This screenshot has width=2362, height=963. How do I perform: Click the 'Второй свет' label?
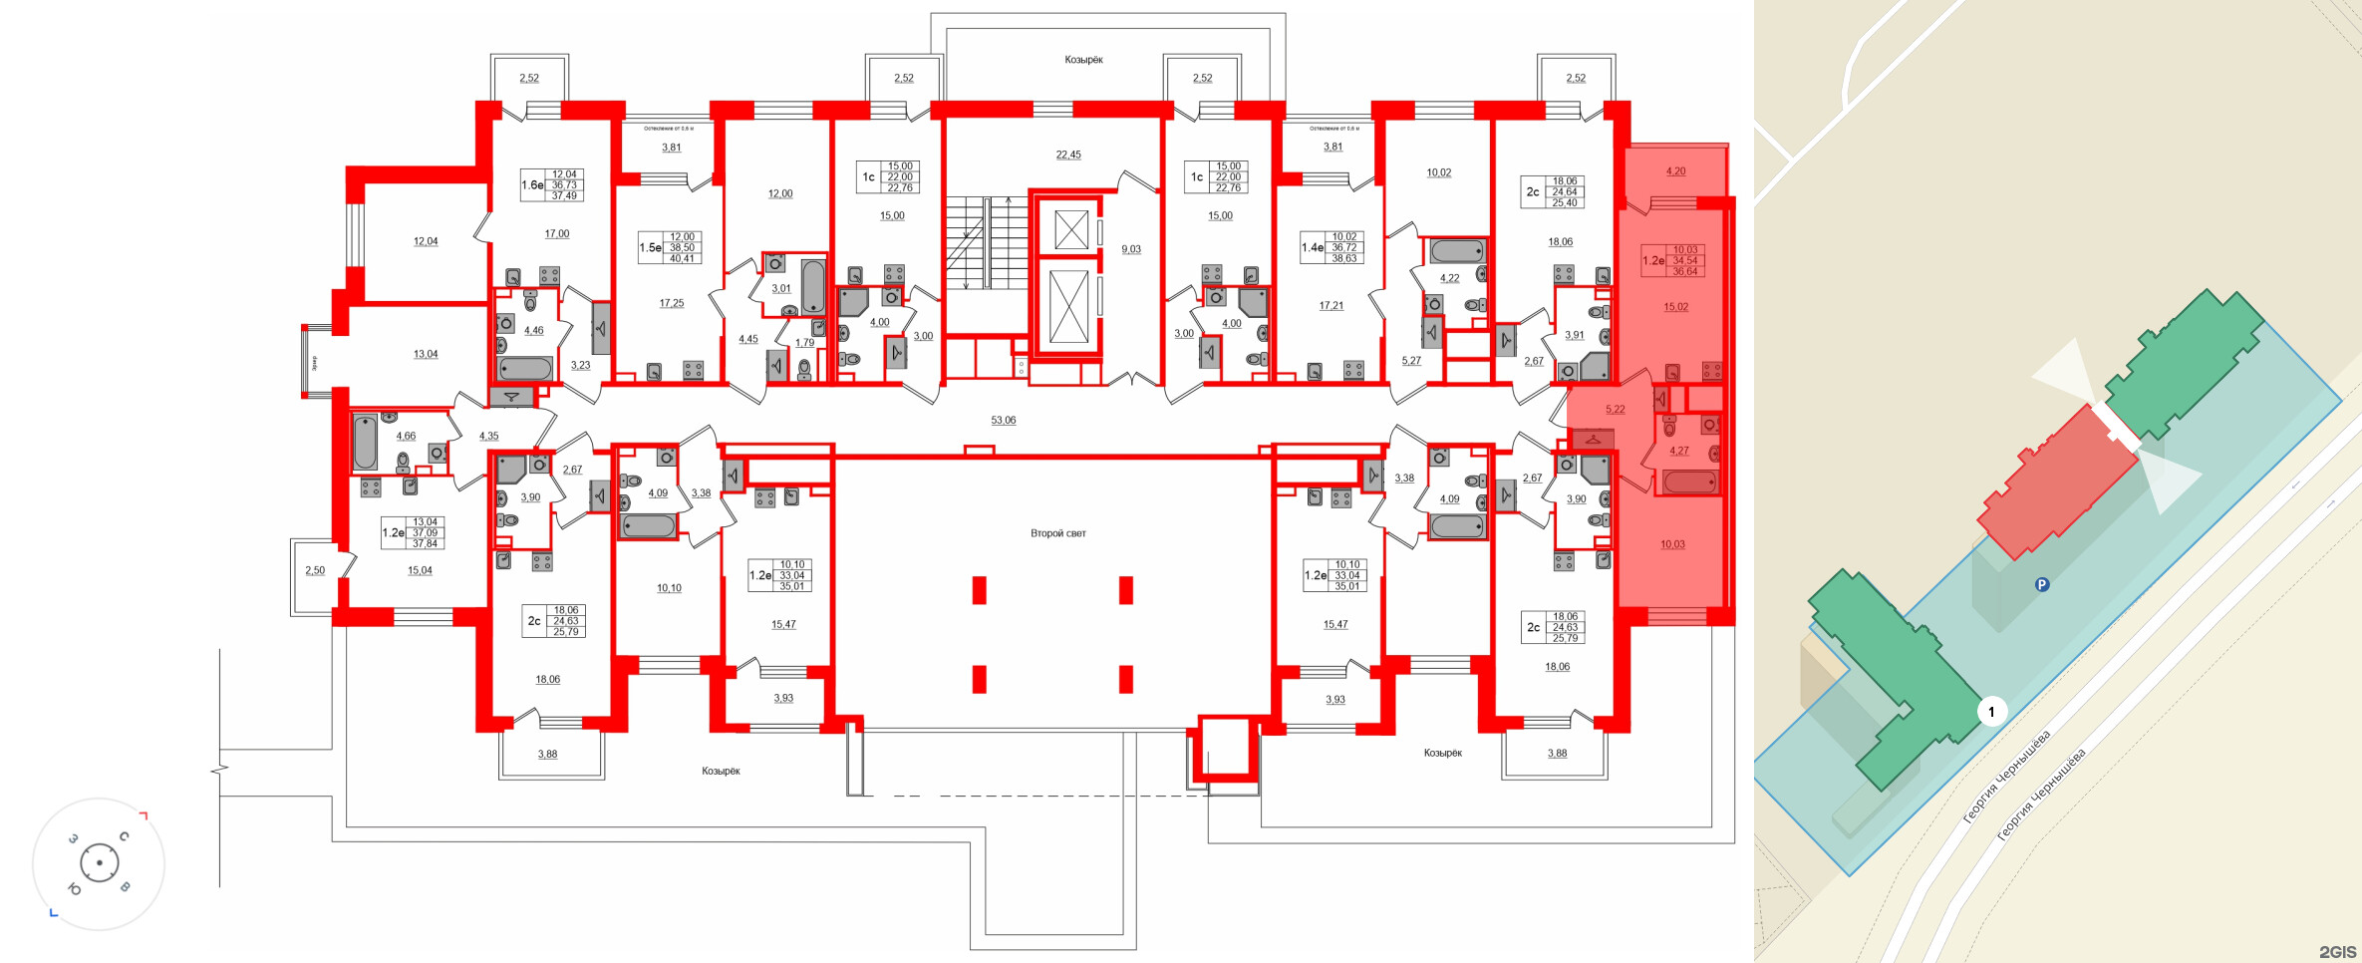(x=1057, y=533)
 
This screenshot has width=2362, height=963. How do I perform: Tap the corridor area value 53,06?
(x=1003, y=420)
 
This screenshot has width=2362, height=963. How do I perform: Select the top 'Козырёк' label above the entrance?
(x=1083, y=60)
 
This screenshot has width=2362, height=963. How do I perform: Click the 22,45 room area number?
(x=1068, y=155)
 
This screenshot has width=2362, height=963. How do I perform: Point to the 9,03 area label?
(x=1131, y=249)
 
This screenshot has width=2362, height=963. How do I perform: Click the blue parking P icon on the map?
(x=2042, y=585)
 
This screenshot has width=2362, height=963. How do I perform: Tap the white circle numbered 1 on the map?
(x=1991, y=712)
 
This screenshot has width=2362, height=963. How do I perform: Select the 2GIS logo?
(x=2337, y=952)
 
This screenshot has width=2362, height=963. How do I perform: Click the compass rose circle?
(x=99, y=863)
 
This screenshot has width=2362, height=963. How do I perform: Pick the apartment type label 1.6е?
(x=532, y=184)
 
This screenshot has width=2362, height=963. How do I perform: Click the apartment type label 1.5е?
(x=650, y=247)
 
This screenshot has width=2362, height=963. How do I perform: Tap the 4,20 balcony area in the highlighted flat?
(x=1675, y=171)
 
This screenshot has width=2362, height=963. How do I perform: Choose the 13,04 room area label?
(x=426, y=354)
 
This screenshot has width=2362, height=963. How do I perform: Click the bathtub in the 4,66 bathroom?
(x=365, y=442)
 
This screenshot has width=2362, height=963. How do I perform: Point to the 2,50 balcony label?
(x=315, y=570)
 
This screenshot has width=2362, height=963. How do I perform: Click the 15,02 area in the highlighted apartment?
(x=1675, y=307)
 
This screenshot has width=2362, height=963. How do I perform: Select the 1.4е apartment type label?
(x=1313, y=247)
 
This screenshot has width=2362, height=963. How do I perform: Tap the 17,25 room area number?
(x=672, y=303)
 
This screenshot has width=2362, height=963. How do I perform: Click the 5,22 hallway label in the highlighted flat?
(x=1615, y=410)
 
